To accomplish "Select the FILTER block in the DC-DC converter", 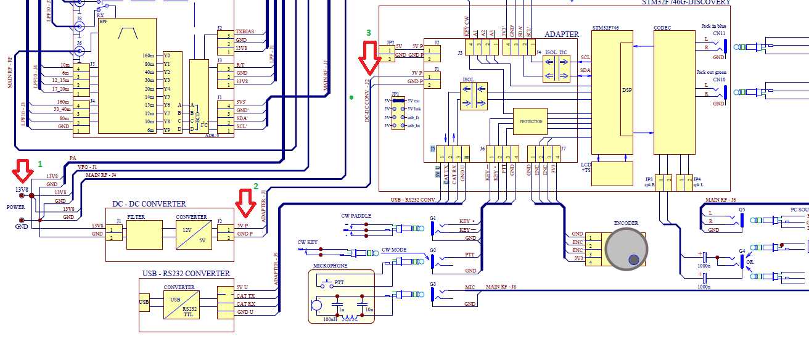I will click(144, 234).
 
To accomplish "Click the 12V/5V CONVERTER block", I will click(191, 234).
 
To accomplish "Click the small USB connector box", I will click(144, 302).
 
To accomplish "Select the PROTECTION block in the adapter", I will click(530, 121).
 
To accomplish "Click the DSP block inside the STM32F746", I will click(626, 89).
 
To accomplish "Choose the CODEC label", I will click(662, 28).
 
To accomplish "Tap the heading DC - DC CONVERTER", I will click(149, 204).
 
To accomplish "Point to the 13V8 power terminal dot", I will click(23, 195).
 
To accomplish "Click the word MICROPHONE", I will click(331, 266).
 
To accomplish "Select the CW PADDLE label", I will click(357, 216).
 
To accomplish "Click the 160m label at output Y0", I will click(147, 55).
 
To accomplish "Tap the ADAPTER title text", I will click(562, 35).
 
